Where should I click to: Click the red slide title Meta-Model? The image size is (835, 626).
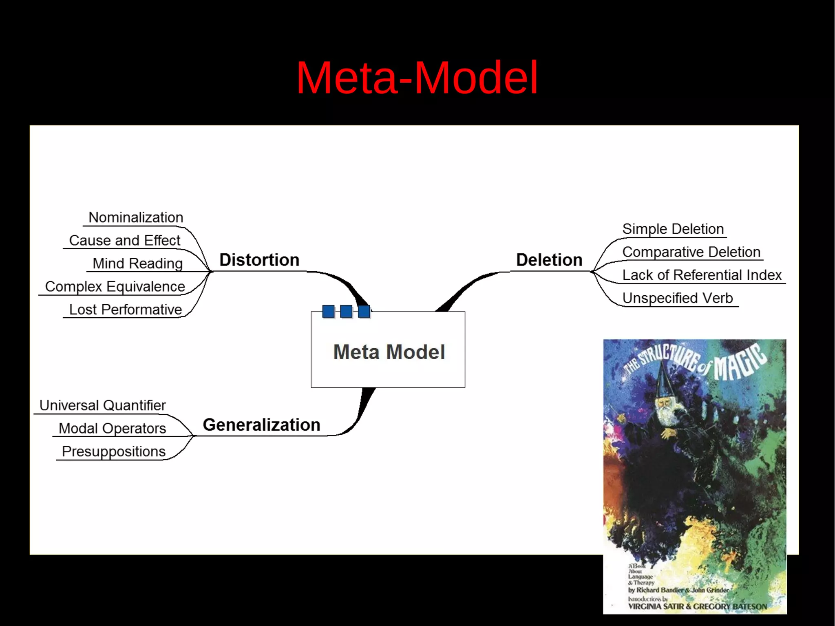point(417,77)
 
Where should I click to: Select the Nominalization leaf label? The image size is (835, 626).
point(136,217)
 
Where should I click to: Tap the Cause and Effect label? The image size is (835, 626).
point(124,241)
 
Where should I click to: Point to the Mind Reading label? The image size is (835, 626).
point(137,263)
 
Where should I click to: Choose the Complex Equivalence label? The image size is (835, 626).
point(115,287)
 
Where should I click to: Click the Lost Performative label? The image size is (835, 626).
point(125,310)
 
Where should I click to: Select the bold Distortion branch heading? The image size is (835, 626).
point(259,260)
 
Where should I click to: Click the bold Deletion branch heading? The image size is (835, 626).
point(549,260)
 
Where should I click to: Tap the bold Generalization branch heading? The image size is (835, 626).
point(261,425)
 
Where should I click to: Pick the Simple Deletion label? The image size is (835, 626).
point(673,229)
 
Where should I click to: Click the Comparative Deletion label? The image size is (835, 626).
point(691,252)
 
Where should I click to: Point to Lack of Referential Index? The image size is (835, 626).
point(702,275)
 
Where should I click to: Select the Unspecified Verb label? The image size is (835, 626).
point(678,298)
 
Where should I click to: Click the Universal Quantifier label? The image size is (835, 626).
point(102,405)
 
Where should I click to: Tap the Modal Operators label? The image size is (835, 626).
point(112,429)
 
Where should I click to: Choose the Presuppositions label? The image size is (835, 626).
point(113,451)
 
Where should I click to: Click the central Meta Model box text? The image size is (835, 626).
point(389,352)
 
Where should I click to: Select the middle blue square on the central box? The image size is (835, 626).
point(346,311)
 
